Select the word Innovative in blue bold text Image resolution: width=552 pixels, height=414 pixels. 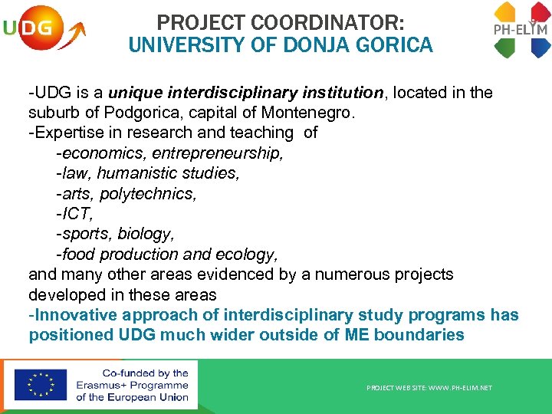point(74,315)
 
